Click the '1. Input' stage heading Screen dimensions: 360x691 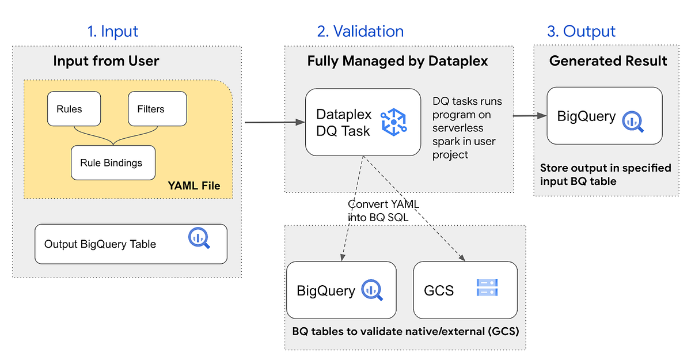click(x=113, y=31)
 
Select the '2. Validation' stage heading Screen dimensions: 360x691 click(x=360, y=31)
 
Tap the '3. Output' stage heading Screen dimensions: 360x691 click(x=581, y=31)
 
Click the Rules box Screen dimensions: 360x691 click(x=73, y=108)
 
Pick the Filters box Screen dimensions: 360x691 click(x=157, y=108)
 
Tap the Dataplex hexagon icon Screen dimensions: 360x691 click(x=394, y=122)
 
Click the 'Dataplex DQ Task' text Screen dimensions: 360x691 click(x=344, y=122)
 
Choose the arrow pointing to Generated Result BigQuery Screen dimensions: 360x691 click(x=529, y=116)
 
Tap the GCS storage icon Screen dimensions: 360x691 click(x=487, y=288)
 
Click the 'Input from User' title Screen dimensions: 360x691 click(x=106, y=61)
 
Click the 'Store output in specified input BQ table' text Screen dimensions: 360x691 click(x=605, y=175)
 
